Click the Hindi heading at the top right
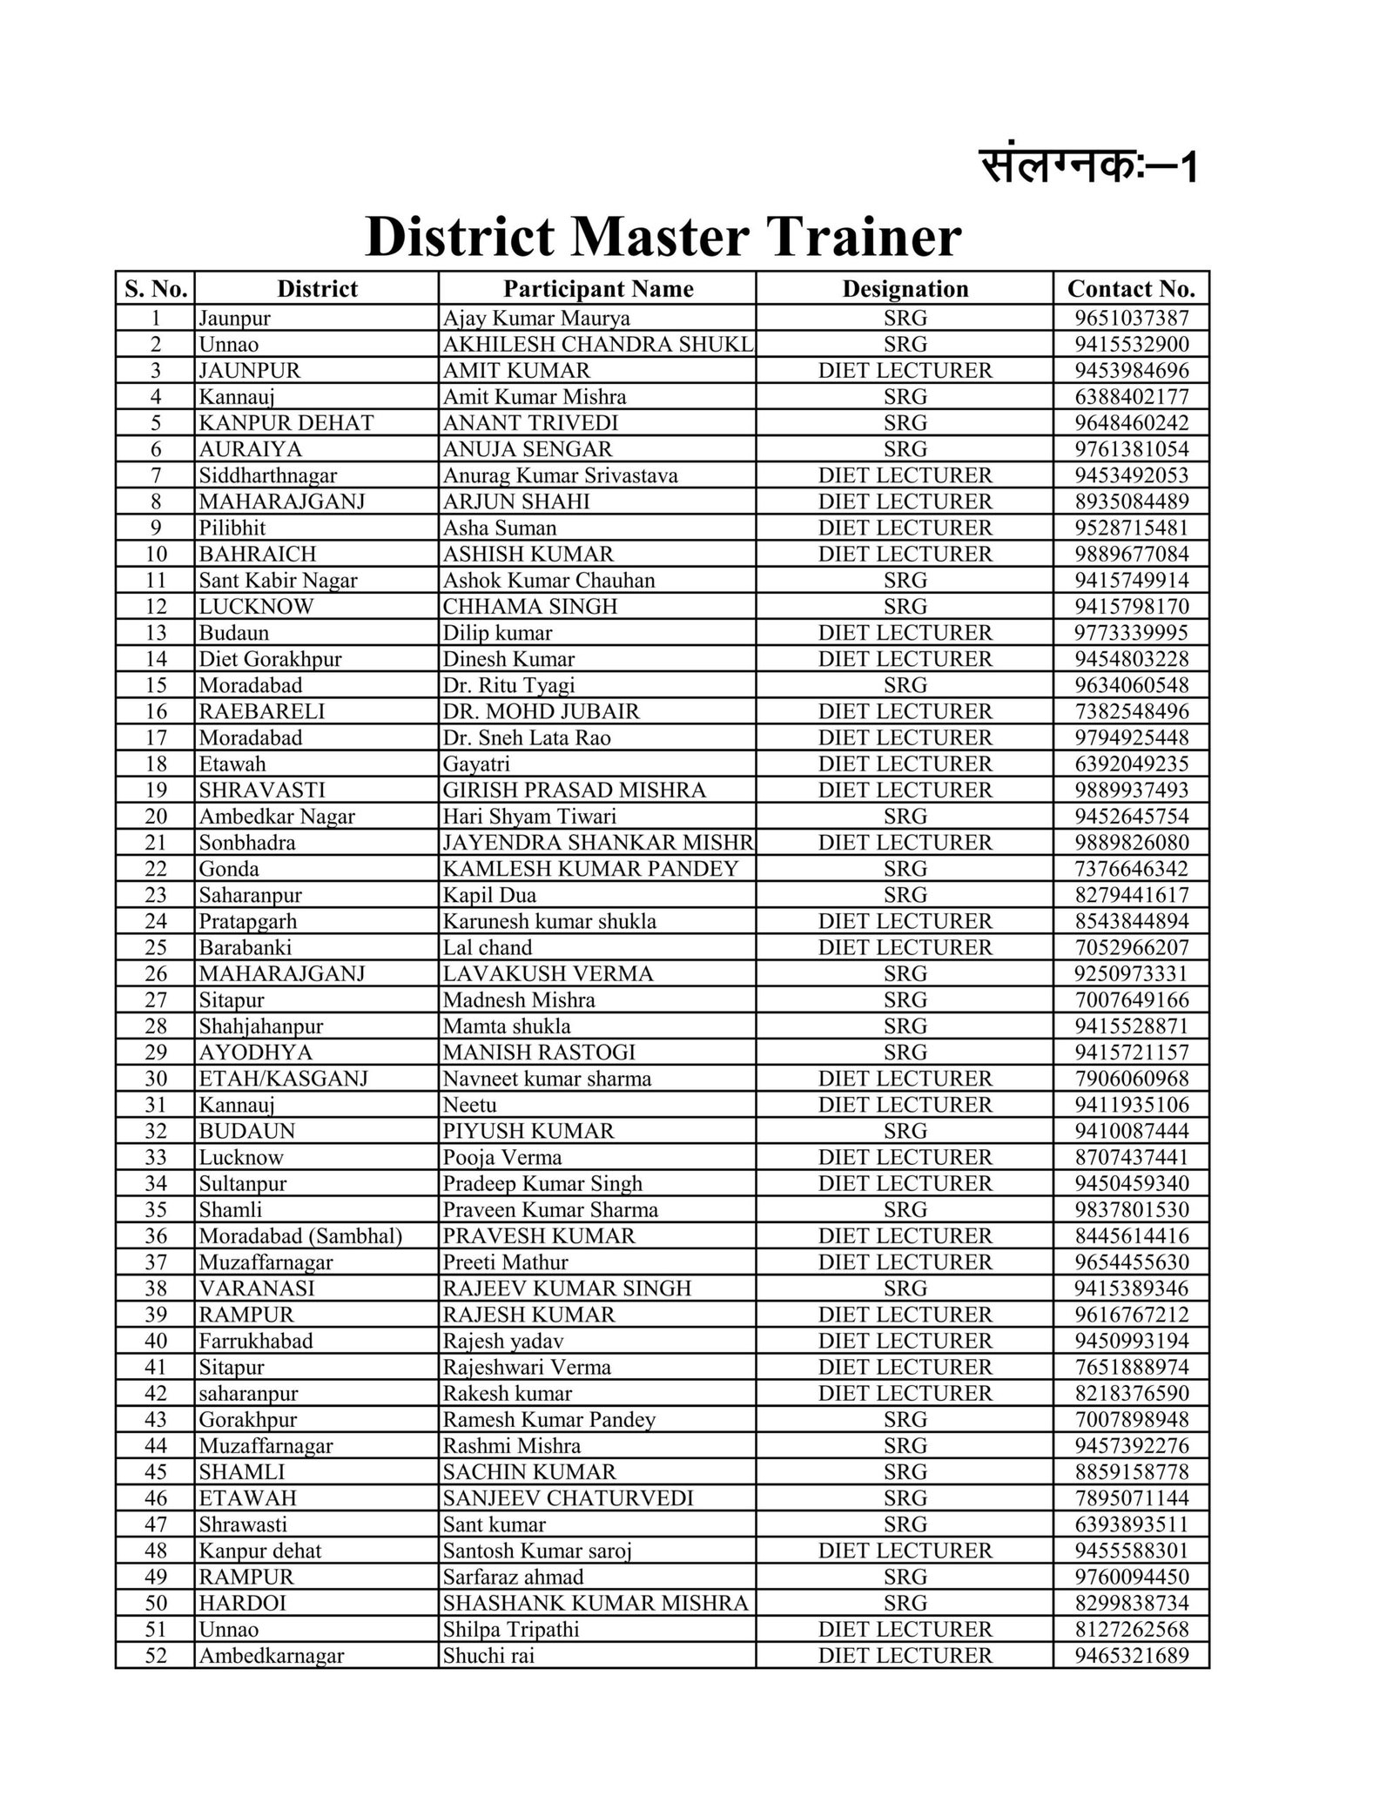1089,165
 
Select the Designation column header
905,289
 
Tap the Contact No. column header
1131,289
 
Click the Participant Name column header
598,289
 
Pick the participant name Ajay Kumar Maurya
536,318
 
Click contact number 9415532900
1131,344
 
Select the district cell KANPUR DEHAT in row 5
286,423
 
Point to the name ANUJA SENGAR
528,449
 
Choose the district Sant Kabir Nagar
278,580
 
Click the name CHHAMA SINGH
530,606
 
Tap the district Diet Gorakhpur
270,659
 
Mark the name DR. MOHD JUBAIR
541,711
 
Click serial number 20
156,816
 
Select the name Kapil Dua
489,895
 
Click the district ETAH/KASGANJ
283,1079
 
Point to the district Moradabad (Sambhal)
300,1236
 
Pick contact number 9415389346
1131,1288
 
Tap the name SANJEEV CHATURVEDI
568,1498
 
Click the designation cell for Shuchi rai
905,1656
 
